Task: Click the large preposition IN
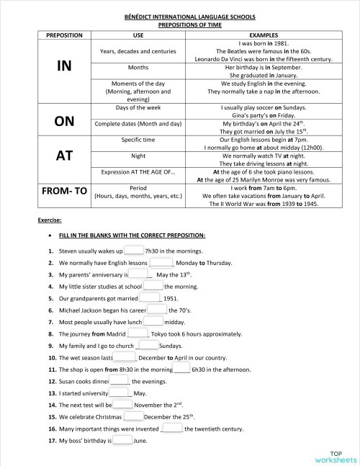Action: pos(64,66)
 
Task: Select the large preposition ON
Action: pos(64,121)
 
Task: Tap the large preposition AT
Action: pos(64,156)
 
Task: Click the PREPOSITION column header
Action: pos(64,35)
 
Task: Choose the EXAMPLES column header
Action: pos(263,35)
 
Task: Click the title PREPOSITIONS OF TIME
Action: pos(179,24)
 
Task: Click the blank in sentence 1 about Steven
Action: pos(134,251)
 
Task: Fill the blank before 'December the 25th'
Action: pos(134,416)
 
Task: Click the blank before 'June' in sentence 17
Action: pos(122,440)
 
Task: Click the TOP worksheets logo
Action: pos(335,455)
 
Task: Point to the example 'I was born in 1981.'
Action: pos(263,43)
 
